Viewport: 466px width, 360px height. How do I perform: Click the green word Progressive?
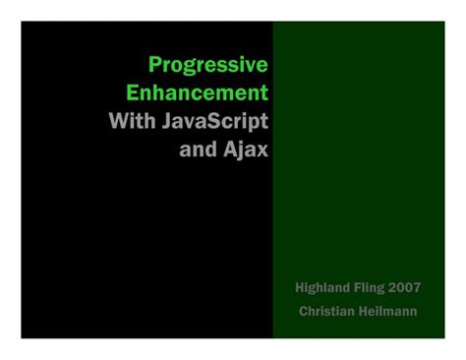tap(207, 65)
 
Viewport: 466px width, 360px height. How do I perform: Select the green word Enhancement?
tap(197, 93)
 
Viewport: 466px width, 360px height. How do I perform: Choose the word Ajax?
tap(247, 150)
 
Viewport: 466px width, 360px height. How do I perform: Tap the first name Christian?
tap(329, 311)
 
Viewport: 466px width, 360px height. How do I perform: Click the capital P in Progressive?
tap(154, 65)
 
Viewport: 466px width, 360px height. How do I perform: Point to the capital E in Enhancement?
tap(133, 93)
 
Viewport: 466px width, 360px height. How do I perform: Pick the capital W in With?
tap(117, 122)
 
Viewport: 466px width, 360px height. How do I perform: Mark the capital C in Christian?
tap(304, 311)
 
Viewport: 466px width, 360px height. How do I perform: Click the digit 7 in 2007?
tap(417, 287)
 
